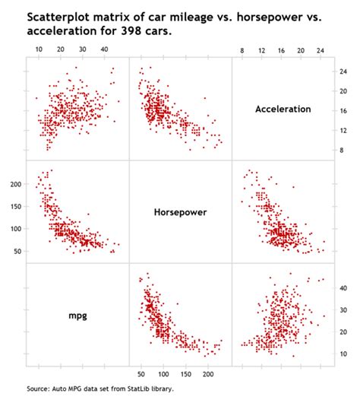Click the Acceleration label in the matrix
(x=283, y=109)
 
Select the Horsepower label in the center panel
(x=180, y=212)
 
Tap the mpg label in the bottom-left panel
(x=77, y=314)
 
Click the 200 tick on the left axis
(x=15, y=185)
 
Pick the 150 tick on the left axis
(x=15, y=207)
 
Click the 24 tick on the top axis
(x=321, y=49)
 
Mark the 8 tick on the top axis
(x=242, y=49)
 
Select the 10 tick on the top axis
(x=39, y=49)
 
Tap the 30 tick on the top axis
(x=82, y=49)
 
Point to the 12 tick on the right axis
(x=343, y=131)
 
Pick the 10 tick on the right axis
(x=343, y=354)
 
